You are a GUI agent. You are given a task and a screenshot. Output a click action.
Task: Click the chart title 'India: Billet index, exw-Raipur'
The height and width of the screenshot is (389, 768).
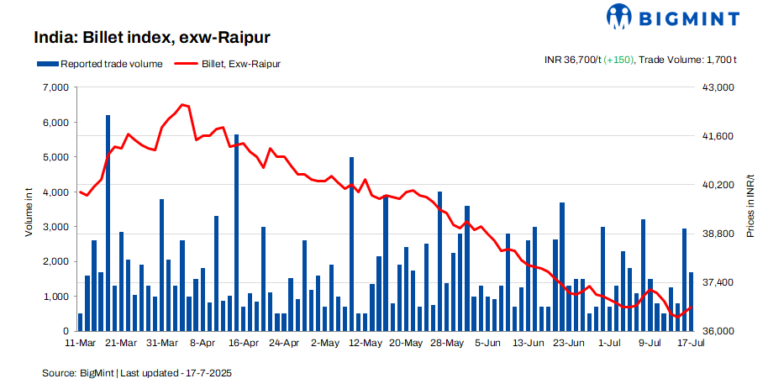pos(151,38)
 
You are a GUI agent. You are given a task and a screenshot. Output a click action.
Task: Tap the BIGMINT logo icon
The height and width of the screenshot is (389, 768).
pos(619,16)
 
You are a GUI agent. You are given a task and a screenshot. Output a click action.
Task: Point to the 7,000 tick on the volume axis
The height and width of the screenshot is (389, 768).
pos(54,87)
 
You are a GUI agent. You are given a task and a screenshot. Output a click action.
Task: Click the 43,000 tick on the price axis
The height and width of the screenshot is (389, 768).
pos(718,87)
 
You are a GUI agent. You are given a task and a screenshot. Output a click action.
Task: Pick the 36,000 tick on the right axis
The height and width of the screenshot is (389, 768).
pos(718,331)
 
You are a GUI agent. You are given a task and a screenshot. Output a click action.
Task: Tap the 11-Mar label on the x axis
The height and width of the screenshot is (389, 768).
pos(81,344)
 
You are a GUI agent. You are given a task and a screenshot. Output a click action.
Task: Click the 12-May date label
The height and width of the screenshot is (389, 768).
pos(366,344)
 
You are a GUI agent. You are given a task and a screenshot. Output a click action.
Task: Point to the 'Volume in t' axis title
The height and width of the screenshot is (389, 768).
pos(29,209)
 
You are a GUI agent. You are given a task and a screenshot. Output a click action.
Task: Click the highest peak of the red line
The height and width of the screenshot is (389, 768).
pos(182,105)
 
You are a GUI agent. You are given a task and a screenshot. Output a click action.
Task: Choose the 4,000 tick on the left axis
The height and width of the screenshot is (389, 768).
pos(54,192)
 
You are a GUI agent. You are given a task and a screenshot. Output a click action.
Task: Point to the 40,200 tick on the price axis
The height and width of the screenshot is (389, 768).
pos(718,185)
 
